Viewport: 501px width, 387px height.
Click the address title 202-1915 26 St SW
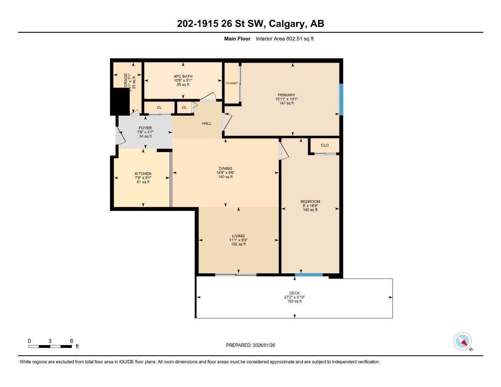point(250,24)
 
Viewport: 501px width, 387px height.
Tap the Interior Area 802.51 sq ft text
point(285,39)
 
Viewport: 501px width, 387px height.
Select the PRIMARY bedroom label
point(286,95)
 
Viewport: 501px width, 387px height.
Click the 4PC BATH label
point(183,76)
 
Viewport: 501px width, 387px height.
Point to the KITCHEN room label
point(143,174)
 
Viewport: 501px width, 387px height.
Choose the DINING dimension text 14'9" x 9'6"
point(225,173)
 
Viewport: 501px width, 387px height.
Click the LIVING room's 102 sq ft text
point(238,244)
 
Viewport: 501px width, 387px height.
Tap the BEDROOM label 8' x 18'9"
point(310,206)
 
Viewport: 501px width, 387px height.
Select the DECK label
point(294,293)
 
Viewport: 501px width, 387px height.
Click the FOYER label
point(145,128)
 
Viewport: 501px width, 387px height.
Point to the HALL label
point(206,124)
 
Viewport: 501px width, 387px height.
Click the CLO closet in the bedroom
point(324,146)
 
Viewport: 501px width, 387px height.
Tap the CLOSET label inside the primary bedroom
point(231,83)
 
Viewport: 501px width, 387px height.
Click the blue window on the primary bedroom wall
point(341,99)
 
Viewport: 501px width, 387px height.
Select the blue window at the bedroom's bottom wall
point(309,275)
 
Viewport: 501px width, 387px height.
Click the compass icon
point(462,342)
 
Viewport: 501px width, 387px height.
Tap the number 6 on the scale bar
point(71,341)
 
